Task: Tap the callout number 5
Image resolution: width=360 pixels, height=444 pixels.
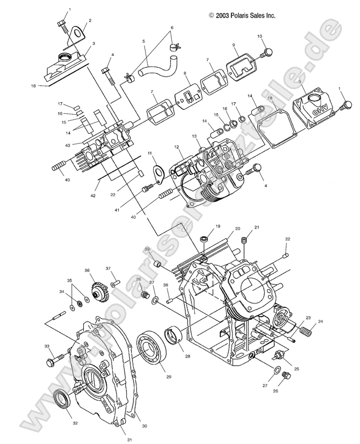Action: [x=144, y=42]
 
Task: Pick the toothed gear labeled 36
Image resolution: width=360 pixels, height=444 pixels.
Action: [x=99, y=288]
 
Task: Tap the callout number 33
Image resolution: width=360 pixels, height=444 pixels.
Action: [x=47, y=346]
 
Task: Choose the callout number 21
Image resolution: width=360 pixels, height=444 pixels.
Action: [x=241, y=227]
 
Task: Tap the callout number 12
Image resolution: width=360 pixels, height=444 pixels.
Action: [x=177, y=148]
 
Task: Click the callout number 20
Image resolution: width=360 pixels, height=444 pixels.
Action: [x=223, y=228]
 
